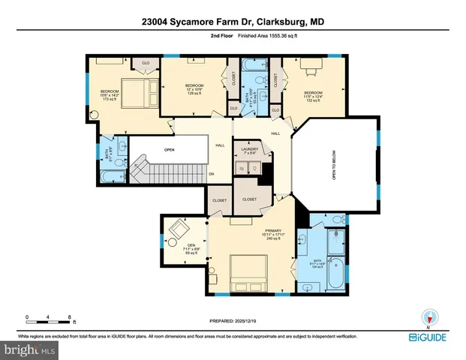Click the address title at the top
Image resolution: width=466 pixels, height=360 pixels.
tap(233, 22)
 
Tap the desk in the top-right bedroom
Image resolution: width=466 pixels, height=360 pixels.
tap(310, 65)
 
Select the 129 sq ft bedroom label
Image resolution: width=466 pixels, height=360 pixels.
tap(195, 88)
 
